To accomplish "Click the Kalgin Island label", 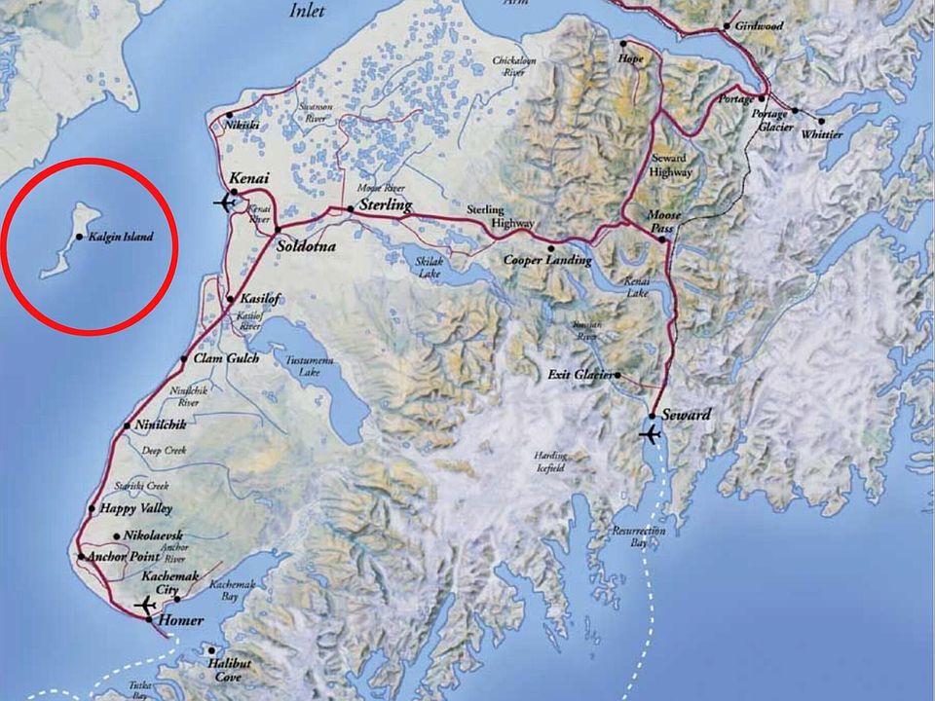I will (x=119, y=237).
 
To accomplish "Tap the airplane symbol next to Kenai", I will (x=226, y=203).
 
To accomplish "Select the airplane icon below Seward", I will (x=650, y=434).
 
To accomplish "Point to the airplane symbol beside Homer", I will (x=146, y=606).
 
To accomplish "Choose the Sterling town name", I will (x=386, y=206).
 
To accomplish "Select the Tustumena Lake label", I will (x=311, y=366).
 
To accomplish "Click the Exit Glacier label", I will (x=580, y=375).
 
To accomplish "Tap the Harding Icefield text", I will (x=549, y=461).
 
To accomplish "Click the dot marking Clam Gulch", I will (x=184, y=359).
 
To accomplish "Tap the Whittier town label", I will (x=822, y=134).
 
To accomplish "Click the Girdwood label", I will (x=762, y=25).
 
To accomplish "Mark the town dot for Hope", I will (x=624, y=45).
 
